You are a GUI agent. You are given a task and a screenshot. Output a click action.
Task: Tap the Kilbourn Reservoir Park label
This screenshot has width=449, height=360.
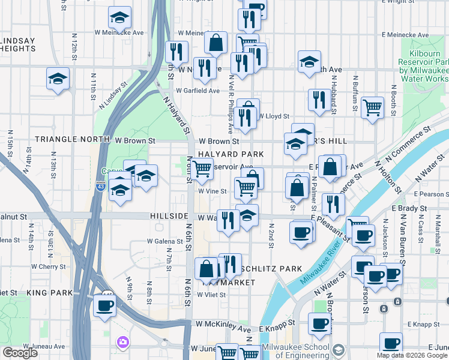point(423,71)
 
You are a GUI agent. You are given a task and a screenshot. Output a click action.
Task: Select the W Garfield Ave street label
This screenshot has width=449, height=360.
point(197,91)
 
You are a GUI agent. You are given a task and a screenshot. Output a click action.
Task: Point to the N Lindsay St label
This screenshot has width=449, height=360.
point(112,94)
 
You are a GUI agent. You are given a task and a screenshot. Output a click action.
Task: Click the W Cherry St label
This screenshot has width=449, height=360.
point(49,266)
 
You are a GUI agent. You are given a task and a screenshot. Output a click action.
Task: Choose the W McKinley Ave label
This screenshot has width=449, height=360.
point(223,329)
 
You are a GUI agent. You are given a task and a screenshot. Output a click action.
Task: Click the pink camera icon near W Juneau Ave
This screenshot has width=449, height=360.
point(123,341)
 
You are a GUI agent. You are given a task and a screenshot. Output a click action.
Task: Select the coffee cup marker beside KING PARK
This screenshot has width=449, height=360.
point(104,305)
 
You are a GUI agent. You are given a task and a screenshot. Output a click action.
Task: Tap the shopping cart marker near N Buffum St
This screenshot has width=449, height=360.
point(373,107)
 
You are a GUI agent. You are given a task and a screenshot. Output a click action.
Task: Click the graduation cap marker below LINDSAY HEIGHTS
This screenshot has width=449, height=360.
point(58,78)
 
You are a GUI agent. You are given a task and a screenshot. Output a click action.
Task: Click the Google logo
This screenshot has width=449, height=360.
point(20,353)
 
